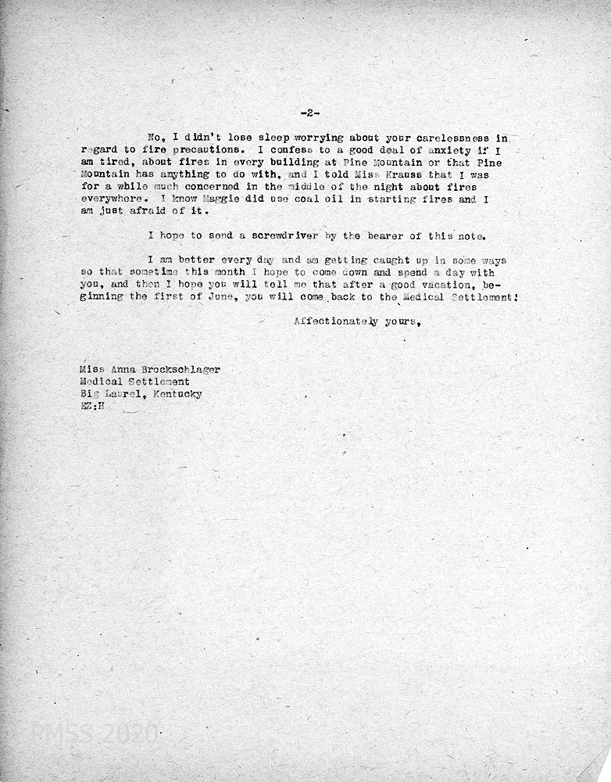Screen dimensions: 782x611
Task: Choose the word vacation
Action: (431, 285)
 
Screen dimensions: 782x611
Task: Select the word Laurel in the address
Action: (120, 394)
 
